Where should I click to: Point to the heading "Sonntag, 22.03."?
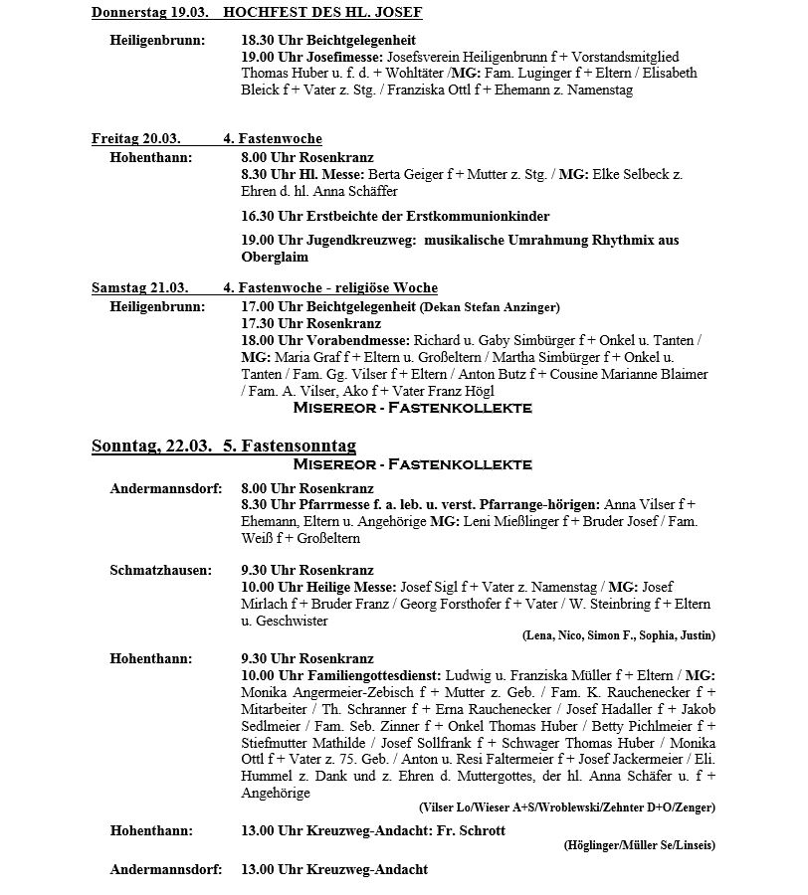(x=151, y=446)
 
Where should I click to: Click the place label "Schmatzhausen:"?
(x=160, y=571)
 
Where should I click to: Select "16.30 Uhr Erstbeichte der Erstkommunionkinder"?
(x=395, y=216)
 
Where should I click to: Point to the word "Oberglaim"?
(x=274, y=257)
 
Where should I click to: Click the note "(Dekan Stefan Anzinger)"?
(x=491, y=307)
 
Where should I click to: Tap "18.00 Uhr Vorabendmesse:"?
(x=325, y=340)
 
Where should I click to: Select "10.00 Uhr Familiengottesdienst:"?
(x=342, y=675)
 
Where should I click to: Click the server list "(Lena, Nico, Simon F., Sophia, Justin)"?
(x=618, y=635)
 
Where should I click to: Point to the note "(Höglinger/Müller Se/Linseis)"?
(x=638, y=845)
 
